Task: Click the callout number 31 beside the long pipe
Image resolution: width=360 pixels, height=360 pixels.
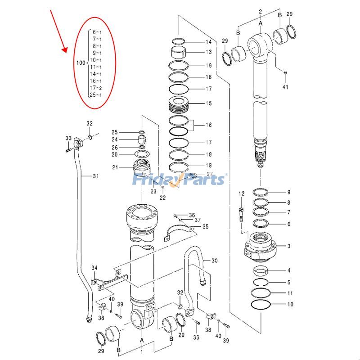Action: coord(95,175)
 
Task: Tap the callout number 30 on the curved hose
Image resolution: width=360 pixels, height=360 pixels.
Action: coord(214,261)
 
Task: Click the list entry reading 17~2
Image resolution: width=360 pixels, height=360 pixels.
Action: coord(95,88)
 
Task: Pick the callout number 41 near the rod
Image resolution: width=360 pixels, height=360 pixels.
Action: coord(285,87)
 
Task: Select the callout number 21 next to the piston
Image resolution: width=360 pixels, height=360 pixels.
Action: coord(115,168)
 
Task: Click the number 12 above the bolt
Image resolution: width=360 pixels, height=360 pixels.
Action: coord(242,193)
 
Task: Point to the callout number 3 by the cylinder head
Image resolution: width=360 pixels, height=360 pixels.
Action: coord(289,246)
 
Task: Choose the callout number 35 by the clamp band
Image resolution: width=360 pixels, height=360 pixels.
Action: coord(205,226)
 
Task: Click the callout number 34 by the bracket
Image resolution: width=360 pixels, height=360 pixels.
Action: coord(94,269)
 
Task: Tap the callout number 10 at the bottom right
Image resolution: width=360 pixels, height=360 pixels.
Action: coord(290,305)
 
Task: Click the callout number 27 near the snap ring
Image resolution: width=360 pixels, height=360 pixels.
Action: coord(210,174)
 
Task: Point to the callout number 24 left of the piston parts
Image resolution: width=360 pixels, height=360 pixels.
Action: coord(115,139)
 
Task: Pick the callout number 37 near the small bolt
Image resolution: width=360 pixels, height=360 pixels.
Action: coord(198,220)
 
